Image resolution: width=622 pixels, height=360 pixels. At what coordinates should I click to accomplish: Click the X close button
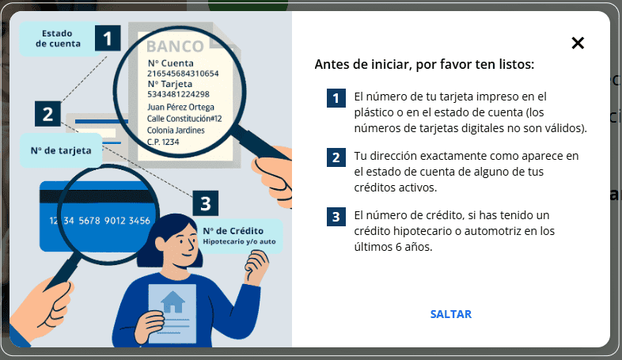[578, 44]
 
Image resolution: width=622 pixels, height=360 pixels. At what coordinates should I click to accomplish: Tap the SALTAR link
[451, 314]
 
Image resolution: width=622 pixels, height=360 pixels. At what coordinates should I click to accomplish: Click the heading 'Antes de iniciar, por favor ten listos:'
[424, 64]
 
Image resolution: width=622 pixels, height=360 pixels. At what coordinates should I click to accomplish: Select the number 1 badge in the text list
[336, 98]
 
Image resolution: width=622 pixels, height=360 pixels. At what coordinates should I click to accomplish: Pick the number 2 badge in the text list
[336, 157]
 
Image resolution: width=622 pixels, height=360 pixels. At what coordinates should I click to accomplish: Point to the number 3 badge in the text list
[336, 216]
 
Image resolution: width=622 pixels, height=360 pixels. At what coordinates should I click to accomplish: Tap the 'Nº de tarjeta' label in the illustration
[61, 150]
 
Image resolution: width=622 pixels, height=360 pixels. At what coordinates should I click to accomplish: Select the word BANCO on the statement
[175, 46]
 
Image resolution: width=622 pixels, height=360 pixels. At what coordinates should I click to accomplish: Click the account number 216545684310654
[183, 73]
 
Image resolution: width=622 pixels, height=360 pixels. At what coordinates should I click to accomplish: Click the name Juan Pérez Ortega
[181, 107]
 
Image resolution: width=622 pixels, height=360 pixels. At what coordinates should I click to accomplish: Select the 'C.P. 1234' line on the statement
[164, 141]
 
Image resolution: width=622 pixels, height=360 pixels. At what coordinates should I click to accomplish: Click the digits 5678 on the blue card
[87, 221]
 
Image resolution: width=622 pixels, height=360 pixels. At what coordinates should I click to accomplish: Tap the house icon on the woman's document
[173, 301]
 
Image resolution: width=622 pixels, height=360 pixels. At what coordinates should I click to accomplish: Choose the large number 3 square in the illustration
[205, 204]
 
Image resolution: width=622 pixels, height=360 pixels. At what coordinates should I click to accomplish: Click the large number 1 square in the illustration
[108, 37]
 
